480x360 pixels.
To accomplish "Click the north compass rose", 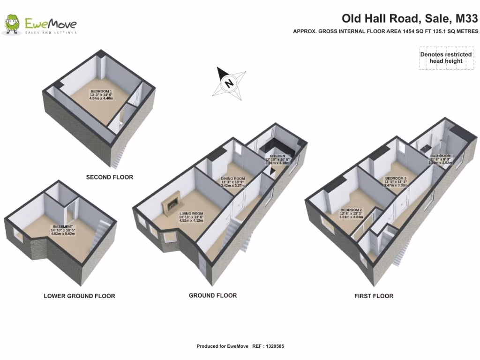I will tap(229, 82).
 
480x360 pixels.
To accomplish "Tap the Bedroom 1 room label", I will tap(101, 91).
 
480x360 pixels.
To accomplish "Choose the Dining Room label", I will tap(233, 179).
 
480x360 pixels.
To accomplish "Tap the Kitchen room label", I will tap(277, 156).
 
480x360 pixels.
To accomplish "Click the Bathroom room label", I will tap(440, 156).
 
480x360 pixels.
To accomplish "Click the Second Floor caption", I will tap(109, 177).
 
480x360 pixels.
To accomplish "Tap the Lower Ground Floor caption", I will tap(79, 296).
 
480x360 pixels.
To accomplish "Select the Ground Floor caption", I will tap(213, 295).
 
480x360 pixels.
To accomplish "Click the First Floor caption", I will tap(374, 296).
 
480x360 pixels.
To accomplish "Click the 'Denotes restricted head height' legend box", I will tap(446, 58).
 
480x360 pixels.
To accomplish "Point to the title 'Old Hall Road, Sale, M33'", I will tap(410, 19).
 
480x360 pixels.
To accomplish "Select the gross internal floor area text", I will tap(385, 31).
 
